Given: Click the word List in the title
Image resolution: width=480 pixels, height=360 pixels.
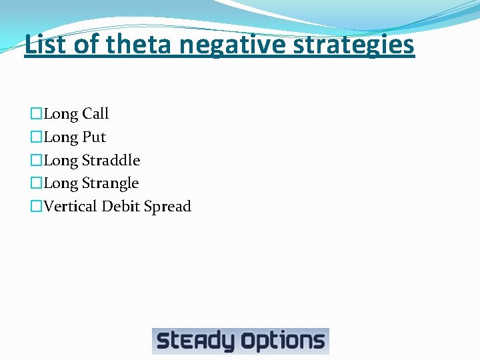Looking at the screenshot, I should [x=43, y=45].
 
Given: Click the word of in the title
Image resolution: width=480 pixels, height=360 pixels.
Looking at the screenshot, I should [x=85, y=45].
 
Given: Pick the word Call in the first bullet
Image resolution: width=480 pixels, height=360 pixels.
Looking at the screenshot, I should [x=95, y=114].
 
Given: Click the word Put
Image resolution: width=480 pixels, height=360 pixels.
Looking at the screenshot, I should [x=94, y=137].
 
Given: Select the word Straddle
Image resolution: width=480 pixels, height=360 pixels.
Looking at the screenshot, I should [x=111, y=160].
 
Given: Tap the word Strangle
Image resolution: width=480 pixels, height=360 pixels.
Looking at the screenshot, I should [x=110, y=183].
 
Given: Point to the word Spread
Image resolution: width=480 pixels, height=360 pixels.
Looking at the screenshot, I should [x=167, y=207].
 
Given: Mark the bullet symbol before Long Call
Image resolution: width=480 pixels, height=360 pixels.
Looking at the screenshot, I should [x=36, y=114].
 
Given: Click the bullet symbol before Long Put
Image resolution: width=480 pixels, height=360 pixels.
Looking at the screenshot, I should [x=36, y=137].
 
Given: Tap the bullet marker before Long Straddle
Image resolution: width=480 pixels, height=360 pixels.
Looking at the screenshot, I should [x=36, y=160].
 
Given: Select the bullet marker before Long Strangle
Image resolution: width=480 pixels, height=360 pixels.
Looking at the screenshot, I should [x=36, y=183].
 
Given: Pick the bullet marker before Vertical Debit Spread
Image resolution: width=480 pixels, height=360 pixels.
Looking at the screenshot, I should [x=36, y=206].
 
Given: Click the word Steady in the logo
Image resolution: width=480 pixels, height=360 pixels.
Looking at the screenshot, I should [x=195, y=341].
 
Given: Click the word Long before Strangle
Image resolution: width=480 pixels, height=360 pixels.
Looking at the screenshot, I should [x=61, y=183].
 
